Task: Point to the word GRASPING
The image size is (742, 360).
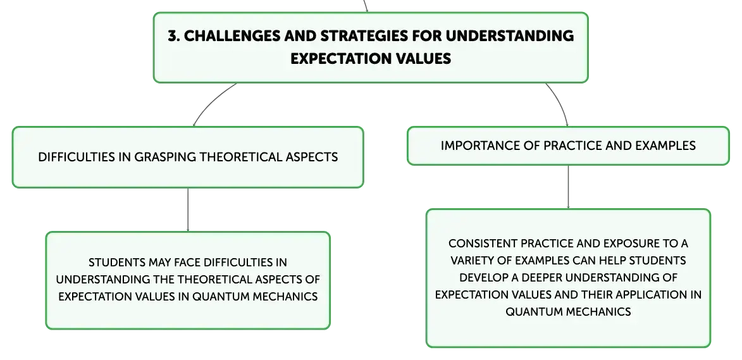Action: coord(166,157)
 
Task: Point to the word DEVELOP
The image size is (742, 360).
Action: coord(486,278)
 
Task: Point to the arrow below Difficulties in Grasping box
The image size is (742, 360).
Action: coord(188,209)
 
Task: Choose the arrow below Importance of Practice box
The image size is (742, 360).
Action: coord(568,187)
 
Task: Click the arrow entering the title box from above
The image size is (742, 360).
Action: coord(366,6)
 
